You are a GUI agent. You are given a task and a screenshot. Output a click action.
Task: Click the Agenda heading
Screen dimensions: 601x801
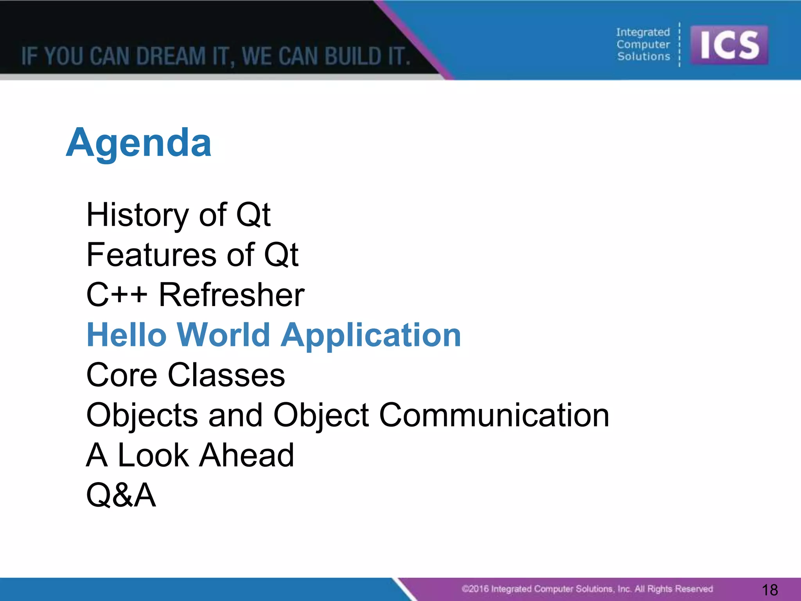pyautogui.click(x=139, y=143)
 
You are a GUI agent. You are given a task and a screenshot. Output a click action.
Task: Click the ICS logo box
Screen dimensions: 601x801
pyautogui.click(x=729, y=45)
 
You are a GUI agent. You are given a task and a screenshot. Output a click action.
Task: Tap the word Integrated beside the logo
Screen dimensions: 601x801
pyautogui.click(x=643, y=32)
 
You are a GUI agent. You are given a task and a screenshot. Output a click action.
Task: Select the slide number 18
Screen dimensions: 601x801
pyautogui.click(x=770, y=590)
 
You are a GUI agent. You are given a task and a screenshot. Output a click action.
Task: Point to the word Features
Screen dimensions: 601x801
pyautogui.click(x=151, y=255)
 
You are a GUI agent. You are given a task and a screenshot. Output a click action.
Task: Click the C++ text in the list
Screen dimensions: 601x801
pyautogui.click(x=117, y=295)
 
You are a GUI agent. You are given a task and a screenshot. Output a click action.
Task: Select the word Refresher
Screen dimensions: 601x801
pyautogui.click(x=232, y=295)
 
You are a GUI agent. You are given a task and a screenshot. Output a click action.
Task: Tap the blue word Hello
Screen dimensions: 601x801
pyautogui.click(x=127, y=335)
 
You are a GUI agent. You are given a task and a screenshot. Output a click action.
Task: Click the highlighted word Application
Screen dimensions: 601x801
pyautogui.click(x=371, y=335)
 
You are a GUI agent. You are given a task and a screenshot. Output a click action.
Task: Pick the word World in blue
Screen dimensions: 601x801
pyautogui.click(x=223, y=335)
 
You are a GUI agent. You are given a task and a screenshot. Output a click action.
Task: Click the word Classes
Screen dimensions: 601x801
pyautogui.click(x=226, y=375)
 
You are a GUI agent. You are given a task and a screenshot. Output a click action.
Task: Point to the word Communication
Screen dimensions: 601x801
pyautogui.click(x=494, y=415)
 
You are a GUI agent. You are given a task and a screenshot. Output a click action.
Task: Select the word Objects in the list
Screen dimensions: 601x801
pyautogui.click(x=142, y=415)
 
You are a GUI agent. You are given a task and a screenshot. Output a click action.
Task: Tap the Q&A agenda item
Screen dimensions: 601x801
pyautogui.click(x=121, y=495)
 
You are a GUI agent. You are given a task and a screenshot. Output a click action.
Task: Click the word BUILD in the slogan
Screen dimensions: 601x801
pyautogui.click(x=353, y=56)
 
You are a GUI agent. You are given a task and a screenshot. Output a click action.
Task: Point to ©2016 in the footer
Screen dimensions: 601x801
pyautogui.click(x=475, y=589)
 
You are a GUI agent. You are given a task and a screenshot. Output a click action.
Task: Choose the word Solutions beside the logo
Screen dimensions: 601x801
pyautogui.click(x=644, y=57)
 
